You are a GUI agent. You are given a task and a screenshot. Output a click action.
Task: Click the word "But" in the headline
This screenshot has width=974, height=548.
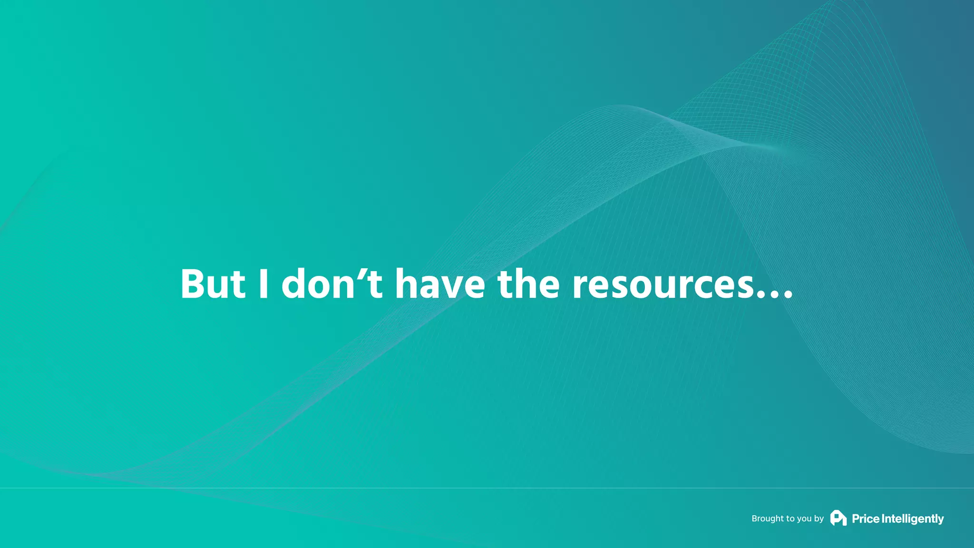(x=213, y=284)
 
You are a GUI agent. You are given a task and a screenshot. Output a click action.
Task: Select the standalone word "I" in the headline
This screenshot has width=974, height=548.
(x=263, y=284)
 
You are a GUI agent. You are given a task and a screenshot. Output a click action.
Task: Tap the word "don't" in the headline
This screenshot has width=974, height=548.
(x=332, y=284)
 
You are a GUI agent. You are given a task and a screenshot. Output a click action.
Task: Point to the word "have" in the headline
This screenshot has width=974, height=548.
(x=440, y=284)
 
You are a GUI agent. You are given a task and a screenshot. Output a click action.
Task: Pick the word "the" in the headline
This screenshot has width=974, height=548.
(x=528, y=284)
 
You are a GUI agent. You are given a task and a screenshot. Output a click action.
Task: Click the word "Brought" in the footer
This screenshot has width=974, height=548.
(x=768, y=519)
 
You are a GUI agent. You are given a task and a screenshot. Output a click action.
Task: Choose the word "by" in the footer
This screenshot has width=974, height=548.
(x=819, y=519)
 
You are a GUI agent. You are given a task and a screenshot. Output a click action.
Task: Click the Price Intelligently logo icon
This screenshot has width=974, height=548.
(x=838, y=518)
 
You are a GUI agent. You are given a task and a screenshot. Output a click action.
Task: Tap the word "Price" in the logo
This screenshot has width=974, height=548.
(x=866, y=519)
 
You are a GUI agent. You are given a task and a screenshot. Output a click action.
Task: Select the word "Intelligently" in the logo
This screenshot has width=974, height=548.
(x=913, y=519)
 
